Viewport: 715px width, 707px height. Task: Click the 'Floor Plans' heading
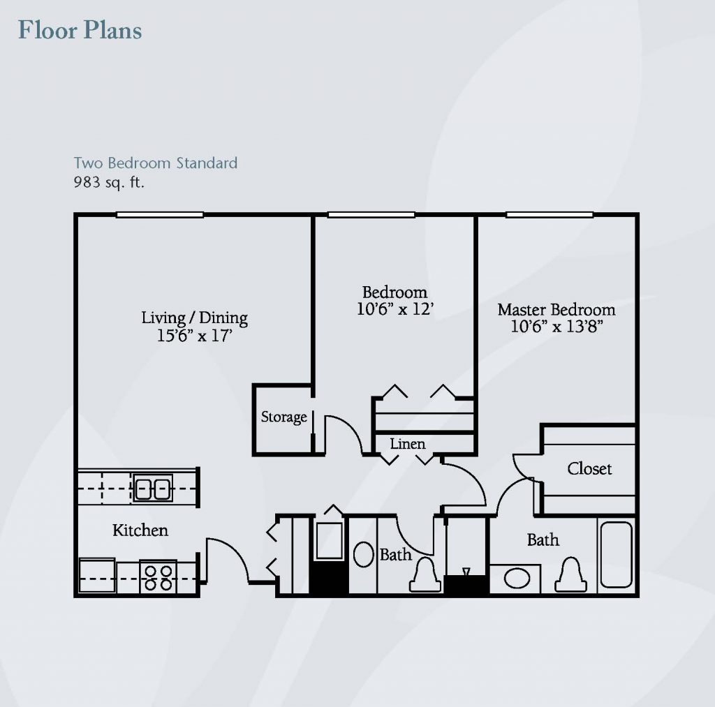[80, 31]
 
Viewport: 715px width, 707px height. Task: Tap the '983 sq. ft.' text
[109, 182]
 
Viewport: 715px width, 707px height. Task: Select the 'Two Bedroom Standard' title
[156, 163]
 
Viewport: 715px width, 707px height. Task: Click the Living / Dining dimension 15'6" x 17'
[195, 336]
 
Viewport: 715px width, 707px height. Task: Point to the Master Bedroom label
[556, 309]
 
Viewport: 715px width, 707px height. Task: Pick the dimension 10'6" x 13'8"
[556, 327]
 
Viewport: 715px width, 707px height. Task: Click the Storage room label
[283, 417]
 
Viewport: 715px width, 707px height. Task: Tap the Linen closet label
[408, 443]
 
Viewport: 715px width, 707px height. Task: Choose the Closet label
[589, 468]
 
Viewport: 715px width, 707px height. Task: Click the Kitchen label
[140, 530]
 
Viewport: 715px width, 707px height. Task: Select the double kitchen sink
[153, 488]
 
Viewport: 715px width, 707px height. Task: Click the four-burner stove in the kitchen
[159, 576]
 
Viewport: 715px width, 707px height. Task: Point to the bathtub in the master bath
[617, 555]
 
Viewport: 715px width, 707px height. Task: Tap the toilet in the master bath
[570, 575]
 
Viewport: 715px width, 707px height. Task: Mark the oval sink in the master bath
[517, 579]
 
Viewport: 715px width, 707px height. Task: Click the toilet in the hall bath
[425, 575]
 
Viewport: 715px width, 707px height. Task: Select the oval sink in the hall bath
[363, 554]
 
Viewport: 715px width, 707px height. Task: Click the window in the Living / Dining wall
[160, 215]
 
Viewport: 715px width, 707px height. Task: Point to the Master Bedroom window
[550, 215]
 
